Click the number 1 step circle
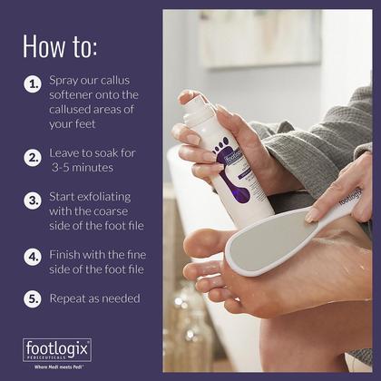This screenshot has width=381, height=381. [33, 83]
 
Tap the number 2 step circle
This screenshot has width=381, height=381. [33, 158]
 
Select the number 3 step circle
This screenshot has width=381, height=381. [33, 200]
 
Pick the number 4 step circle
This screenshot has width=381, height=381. [33, 257]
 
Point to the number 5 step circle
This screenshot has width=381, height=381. [33, 298]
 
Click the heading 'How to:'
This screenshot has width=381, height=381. [60, 46]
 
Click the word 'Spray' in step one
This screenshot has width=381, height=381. [63, 81]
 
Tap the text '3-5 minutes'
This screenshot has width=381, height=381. [83, 167]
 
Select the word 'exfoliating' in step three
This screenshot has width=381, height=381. [104, 197]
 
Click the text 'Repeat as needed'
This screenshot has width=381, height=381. [94, 298]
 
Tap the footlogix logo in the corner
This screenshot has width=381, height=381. [57, 350]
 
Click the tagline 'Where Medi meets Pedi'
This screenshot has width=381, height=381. [59, 367]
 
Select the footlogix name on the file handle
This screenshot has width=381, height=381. [350, 197]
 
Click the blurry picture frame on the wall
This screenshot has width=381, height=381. [260, 38]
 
